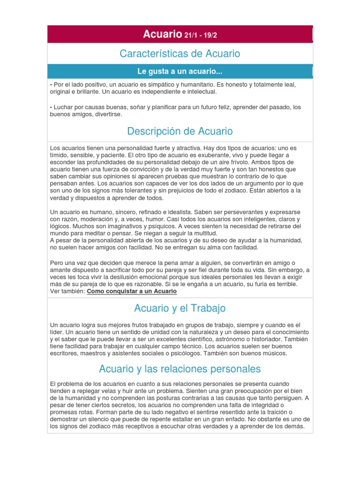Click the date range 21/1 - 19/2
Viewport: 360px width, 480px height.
point(201,35)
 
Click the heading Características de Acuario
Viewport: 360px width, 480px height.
point(180,54)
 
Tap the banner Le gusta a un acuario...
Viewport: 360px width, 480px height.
point(180,72)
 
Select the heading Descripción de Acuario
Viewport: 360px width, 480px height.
point(180,131)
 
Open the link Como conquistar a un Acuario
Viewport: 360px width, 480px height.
point(132,291)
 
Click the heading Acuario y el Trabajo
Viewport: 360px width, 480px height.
point(180,308)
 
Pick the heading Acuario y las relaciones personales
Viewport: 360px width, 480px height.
point(180,369)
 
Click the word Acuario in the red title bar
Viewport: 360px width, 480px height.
point(162,34)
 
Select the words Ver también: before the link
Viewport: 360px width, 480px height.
point(67,291)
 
